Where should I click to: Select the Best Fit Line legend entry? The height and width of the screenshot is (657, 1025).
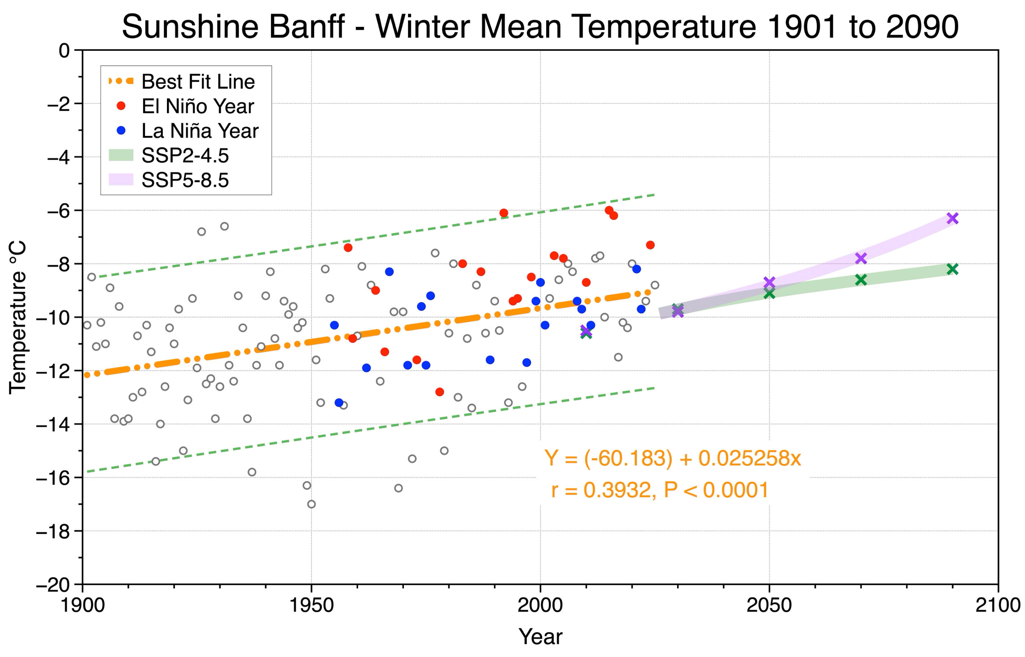(x=182, y=82)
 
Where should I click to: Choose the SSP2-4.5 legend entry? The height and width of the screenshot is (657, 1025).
(x=169, y=156)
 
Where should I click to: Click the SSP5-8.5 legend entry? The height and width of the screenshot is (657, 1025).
(x=169, y=180)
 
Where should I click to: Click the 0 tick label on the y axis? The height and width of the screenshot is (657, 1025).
(x=65, y=50)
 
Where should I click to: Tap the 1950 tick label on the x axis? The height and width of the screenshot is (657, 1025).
(x=311, y=605)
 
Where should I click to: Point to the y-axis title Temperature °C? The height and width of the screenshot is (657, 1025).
(x=18, y=317)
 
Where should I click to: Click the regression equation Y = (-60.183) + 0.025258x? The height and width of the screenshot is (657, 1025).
(x=673, y=458)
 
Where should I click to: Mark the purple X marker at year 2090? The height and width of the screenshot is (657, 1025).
(x=952, y=218)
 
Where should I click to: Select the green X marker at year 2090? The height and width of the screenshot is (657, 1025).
(x=952, y=269)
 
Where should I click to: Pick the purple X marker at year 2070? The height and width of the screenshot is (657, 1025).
(x=861, y=258)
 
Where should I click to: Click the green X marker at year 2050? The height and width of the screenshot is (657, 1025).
(x=769, y=293)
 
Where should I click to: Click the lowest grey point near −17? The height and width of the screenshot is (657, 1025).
(x=311, y=504)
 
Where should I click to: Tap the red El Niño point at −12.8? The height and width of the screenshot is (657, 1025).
(x=440, y=392)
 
